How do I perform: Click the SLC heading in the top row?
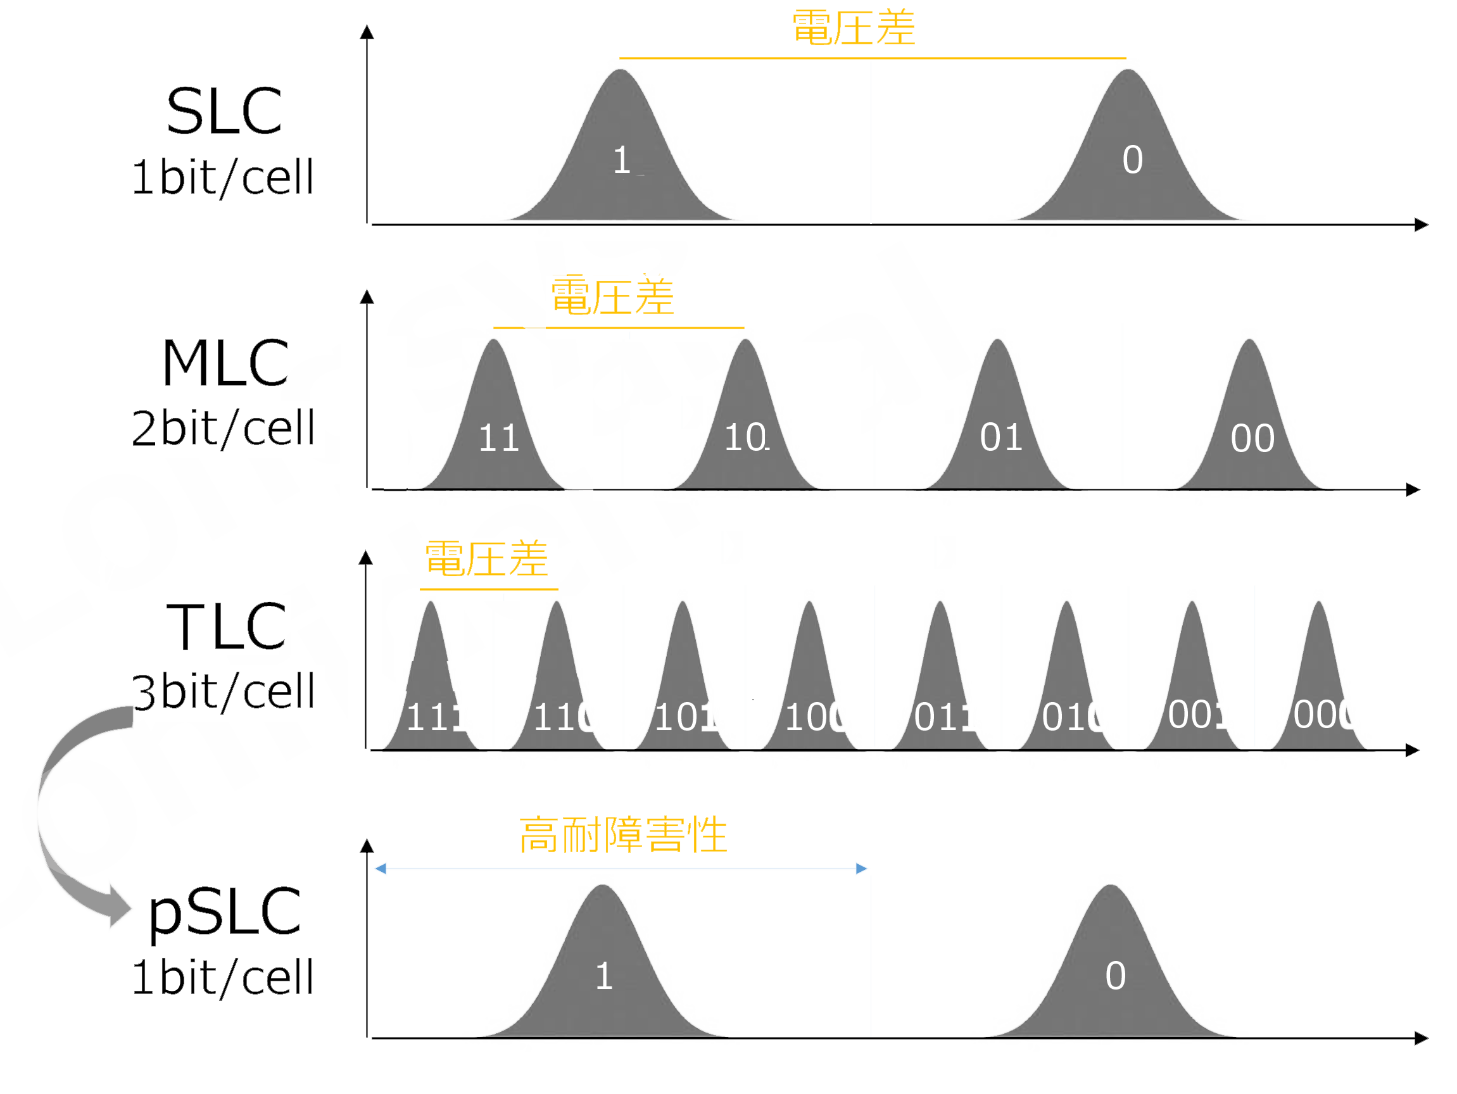coord(225,112)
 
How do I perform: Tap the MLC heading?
coord(225,363)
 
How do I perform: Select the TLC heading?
coord(226,627)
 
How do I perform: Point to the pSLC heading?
coord(225,912)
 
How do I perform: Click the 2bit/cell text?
coord(224,429)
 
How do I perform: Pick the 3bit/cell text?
coord(224,691)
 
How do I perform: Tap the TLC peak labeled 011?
coord(941,698)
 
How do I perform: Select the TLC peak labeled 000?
coord(1320,698)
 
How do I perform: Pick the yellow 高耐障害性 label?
coord(623,835)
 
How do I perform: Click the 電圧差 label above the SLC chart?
coord(854,28)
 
